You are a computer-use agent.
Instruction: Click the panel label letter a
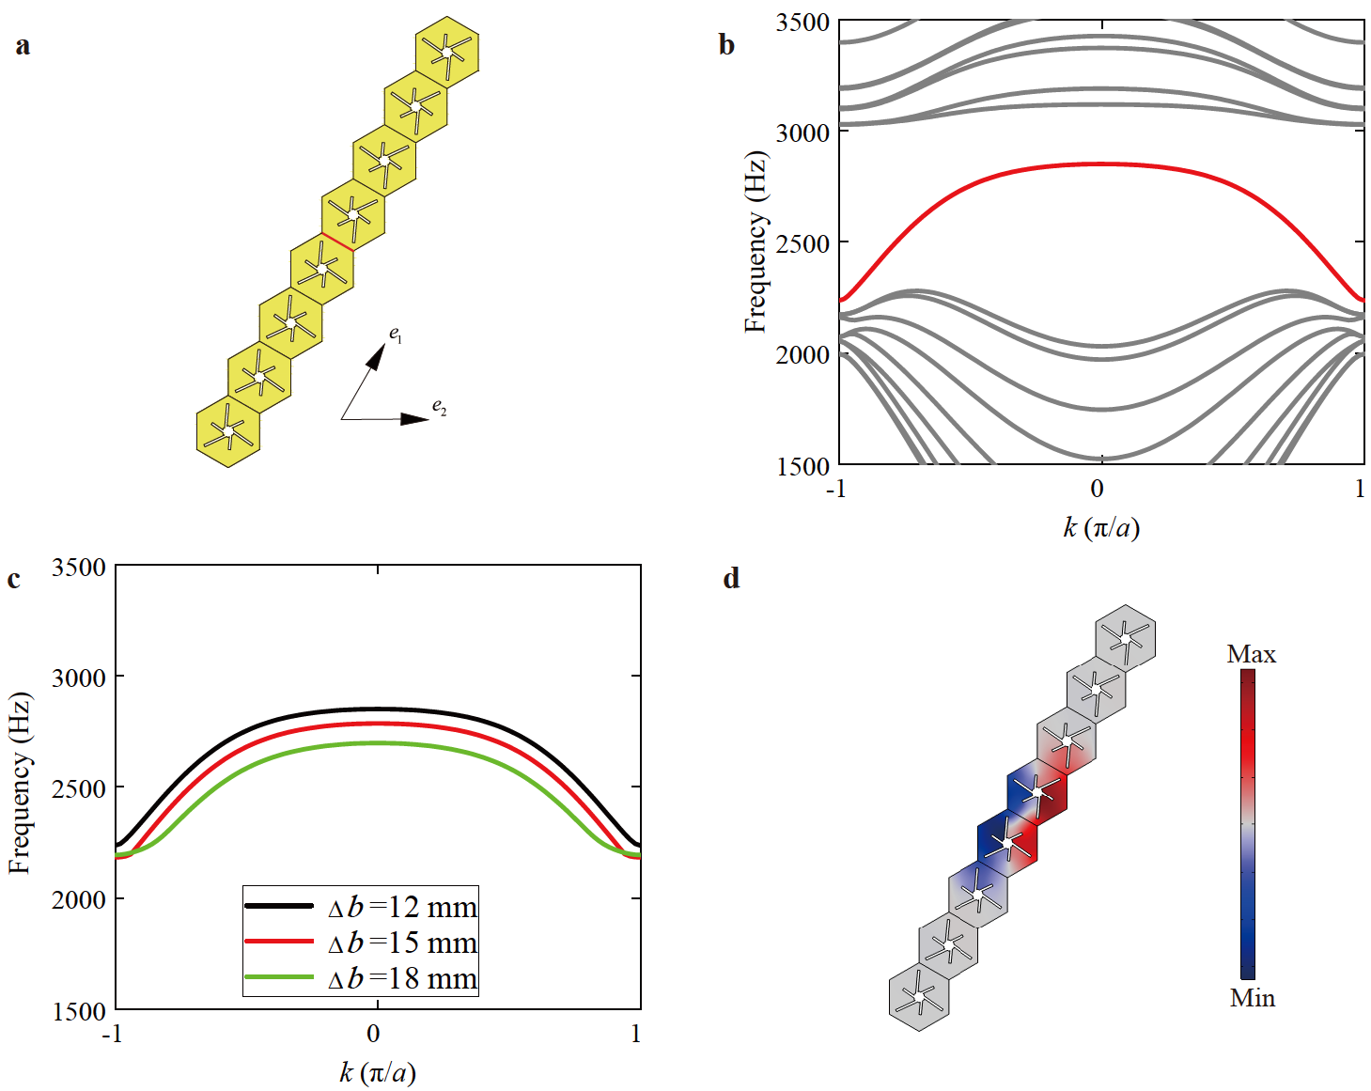[x=23, y=45]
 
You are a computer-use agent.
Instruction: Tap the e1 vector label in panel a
[x=396, y=334]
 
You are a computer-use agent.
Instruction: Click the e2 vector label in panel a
[x=439, y=407]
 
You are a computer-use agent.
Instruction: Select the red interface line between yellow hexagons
[x=337, y=242]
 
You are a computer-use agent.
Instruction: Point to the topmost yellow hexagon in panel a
[x=447, y=52]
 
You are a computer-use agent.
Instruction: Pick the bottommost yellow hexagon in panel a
[x=228, y=431]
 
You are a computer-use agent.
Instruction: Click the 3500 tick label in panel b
[x=802, y=23]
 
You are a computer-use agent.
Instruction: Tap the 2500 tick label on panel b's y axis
[x=802, y=243]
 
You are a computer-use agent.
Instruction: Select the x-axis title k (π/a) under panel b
[x=1101, y=527]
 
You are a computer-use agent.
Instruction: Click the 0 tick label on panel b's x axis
[x=1097, y=489]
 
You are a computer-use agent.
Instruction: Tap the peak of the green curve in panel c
[x=378, y=743]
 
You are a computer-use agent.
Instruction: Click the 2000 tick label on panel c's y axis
[x=79, y=900]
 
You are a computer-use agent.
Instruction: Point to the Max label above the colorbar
[x=1251, y=654]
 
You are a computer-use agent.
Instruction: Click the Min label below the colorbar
[x=1252, y=998]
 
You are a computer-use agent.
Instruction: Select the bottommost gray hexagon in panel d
[x=918, y=996]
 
